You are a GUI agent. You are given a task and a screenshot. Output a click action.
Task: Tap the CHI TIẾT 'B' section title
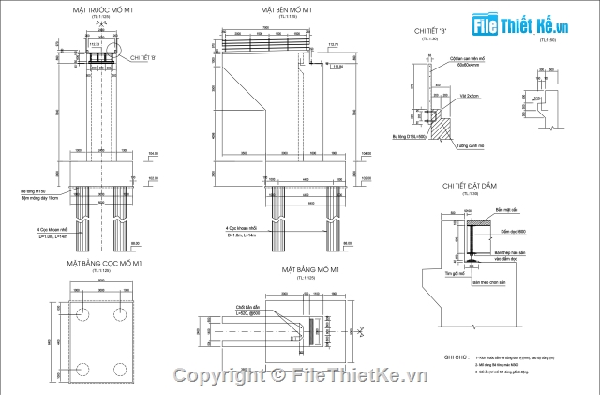coord(429,31)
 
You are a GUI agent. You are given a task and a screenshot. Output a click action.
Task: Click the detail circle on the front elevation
coord(114,48)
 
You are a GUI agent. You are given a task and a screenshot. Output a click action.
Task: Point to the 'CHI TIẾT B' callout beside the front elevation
coord(143,58)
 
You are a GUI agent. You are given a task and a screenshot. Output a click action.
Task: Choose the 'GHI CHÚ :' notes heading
coord(457,357)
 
